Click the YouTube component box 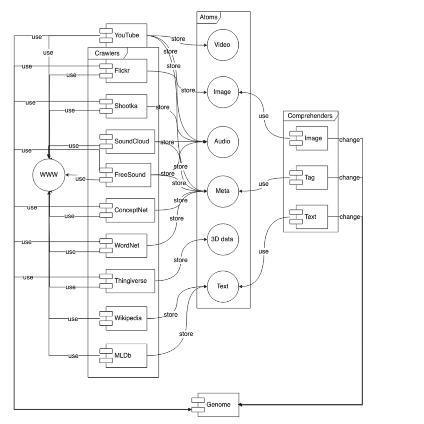coord(126,36)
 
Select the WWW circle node coord(49,175)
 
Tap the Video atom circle coord(222,45)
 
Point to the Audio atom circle coord(222,141)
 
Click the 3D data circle coord(222,239)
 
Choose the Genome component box coord(218,404)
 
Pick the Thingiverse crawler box coord(130,281)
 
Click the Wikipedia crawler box coord(127,318)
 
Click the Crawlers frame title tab coord(107,53)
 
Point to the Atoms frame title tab coord(208,17)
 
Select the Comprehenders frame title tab coord(310,116)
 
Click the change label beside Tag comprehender coord(350,178)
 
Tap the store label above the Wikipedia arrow coord(170,314)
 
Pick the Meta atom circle coord(222,191)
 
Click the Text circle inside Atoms coord(222,286)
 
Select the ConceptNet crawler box coord(130,210)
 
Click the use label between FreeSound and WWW coord(80,179)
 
